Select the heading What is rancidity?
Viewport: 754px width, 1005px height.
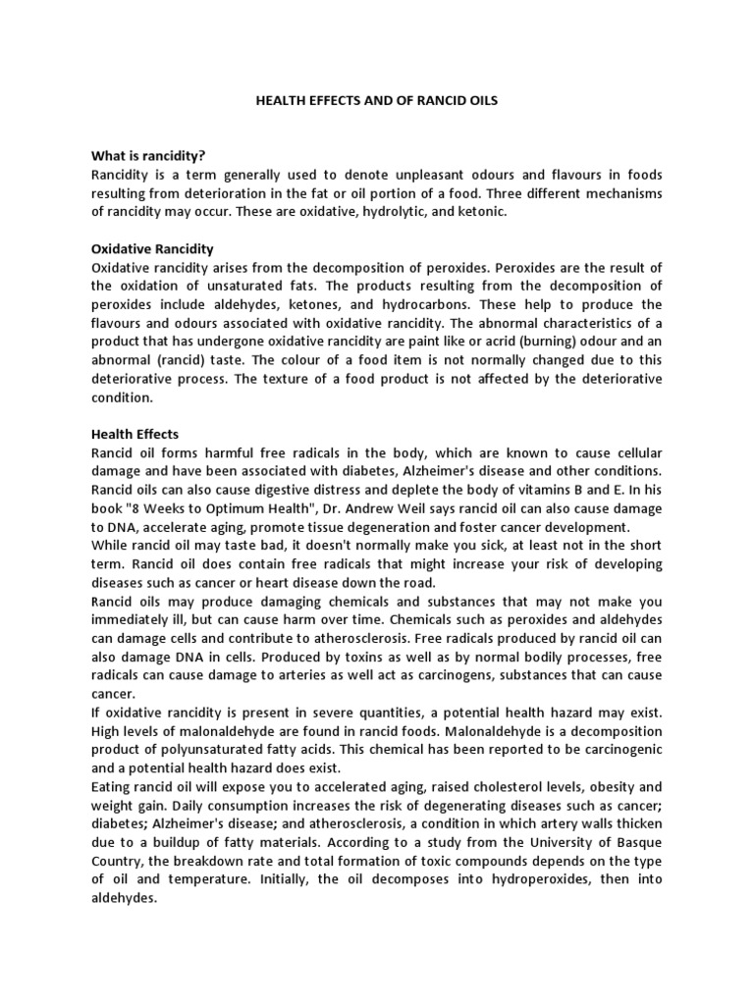149,155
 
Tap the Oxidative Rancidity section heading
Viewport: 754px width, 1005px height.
152,250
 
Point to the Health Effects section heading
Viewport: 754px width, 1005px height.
135,434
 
